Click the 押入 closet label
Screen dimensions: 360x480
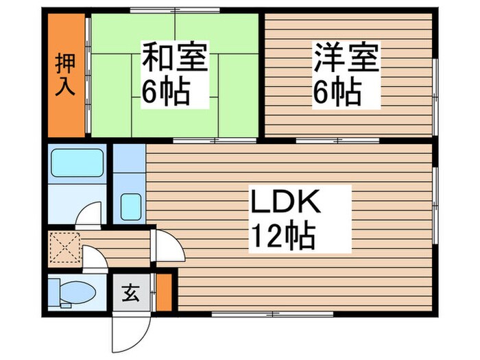tap(67, 73)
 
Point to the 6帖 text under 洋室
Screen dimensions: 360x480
tap(337, 93)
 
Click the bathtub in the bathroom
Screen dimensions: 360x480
tap(77, 164)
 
